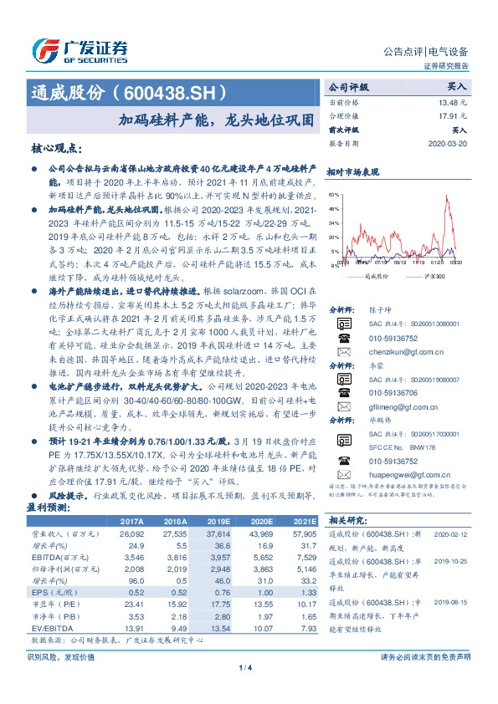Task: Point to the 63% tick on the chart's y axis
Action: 334,194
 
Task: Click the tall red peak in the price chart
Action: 453,199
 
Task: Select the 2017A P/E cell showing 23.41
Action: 135,604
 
